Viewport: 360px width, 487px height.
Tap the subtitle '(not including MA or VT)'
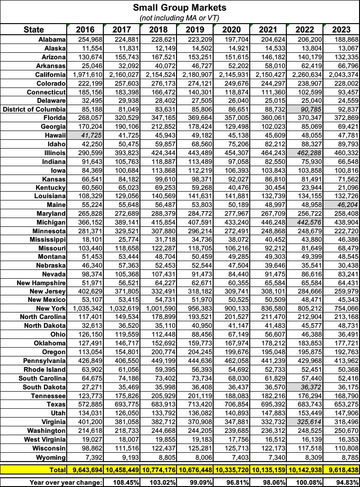click(179, 18)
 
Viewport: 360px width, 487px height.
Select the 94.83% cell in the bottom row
click(345, 481)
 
